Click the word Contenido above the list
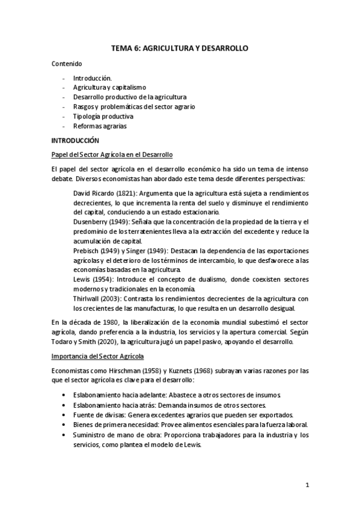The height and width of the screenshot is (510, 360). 66,63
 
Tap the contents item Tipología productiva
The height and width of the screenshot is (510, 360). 103,116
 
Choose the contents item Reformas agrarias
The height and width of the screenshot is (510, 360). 100,126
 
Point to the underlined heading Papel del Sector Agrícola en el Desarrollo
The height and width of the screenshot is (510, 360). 112,154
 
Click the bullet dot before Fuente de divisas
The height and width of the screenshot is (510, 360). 64,414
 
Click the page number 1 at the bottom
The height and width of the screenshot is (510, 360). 307,485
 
